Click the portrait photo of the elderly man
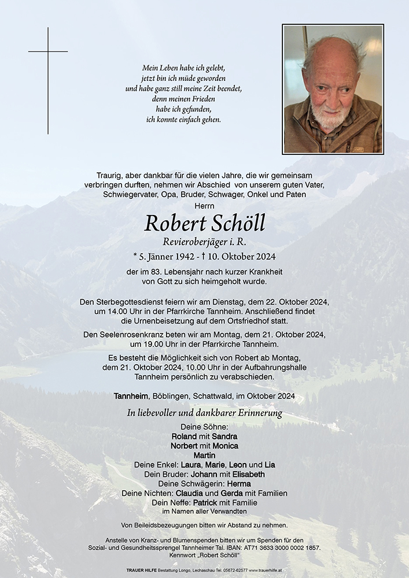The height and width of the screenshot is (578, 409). (x=333, y=89)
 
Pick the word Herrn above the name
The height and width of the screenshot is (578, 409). (x=204, y=206)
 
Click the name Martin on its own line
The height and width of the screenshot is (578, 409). (x=204, y=455)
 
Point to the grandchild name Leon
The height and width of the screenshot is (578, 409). (x=237, y=465)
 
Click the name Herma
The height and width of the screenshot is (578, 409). (x=238, y=484)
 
